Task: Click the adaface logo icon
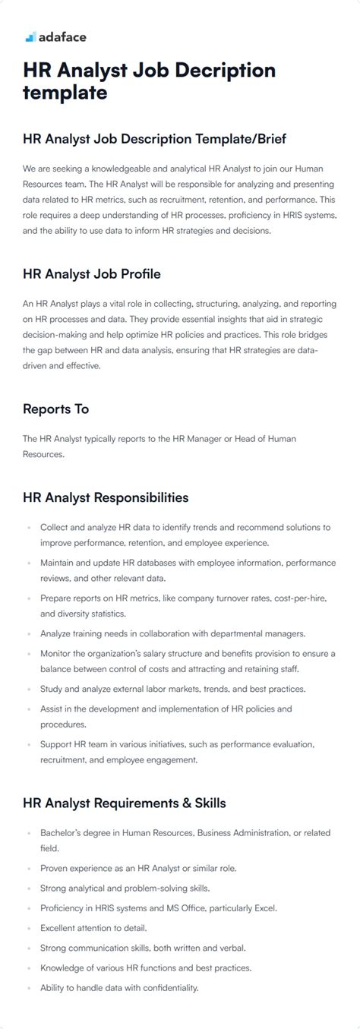30,36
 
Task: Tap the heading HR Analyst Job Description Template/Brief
154,138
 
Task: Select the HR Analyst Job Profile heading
91,274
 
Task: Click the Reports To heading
55,409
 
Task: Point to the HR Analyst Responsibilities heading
106,498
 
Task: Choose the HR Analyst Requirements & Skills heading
124,803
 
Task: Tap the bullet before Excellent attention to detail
29,929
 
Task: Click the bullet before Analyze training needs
29,633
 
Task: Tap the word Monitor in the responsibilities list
57,653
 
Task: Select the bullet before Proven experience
29,868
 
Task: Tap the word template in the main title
65,93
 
